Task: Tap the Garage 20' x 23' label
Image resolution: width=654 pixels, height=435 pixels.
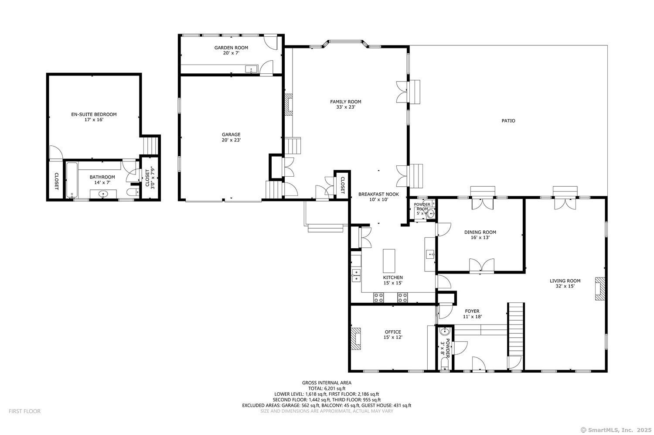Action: coord(231,137)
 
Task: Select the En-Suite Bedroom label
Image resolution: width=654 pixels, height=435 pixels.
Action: coord(94,117)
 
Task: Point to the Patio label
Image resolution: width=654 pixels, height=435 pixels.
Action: coord(508,121)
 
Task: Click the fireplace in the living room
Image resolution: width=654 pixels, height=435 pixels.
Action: coord(600,289)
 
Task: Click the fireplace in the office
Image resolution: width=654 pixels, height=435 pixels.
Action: coord(356,339)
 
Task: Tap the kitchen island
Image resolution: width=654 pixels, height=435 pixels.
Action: coord(389,261)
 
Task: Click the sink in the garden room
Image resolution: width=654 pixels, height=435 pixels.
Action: coord(251,69)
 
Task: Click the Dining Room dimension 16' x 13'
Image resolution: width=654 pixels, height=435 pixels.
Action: coord(480,238)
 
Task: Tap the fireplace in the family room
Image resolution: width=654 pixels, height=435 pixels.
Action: coord(288,105)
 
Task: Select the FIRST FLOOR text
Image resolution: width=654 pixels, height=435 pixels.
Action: coord(24,411)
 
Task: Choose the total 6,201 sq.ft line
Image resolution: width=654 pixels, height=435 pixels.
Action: coord(327,388)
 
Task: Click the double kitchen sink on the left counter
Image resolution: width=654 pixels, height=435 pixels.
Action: coord(356,275)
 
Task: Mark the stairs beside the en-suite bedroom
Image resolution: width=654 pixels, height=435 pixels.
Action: coord(150,145)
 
